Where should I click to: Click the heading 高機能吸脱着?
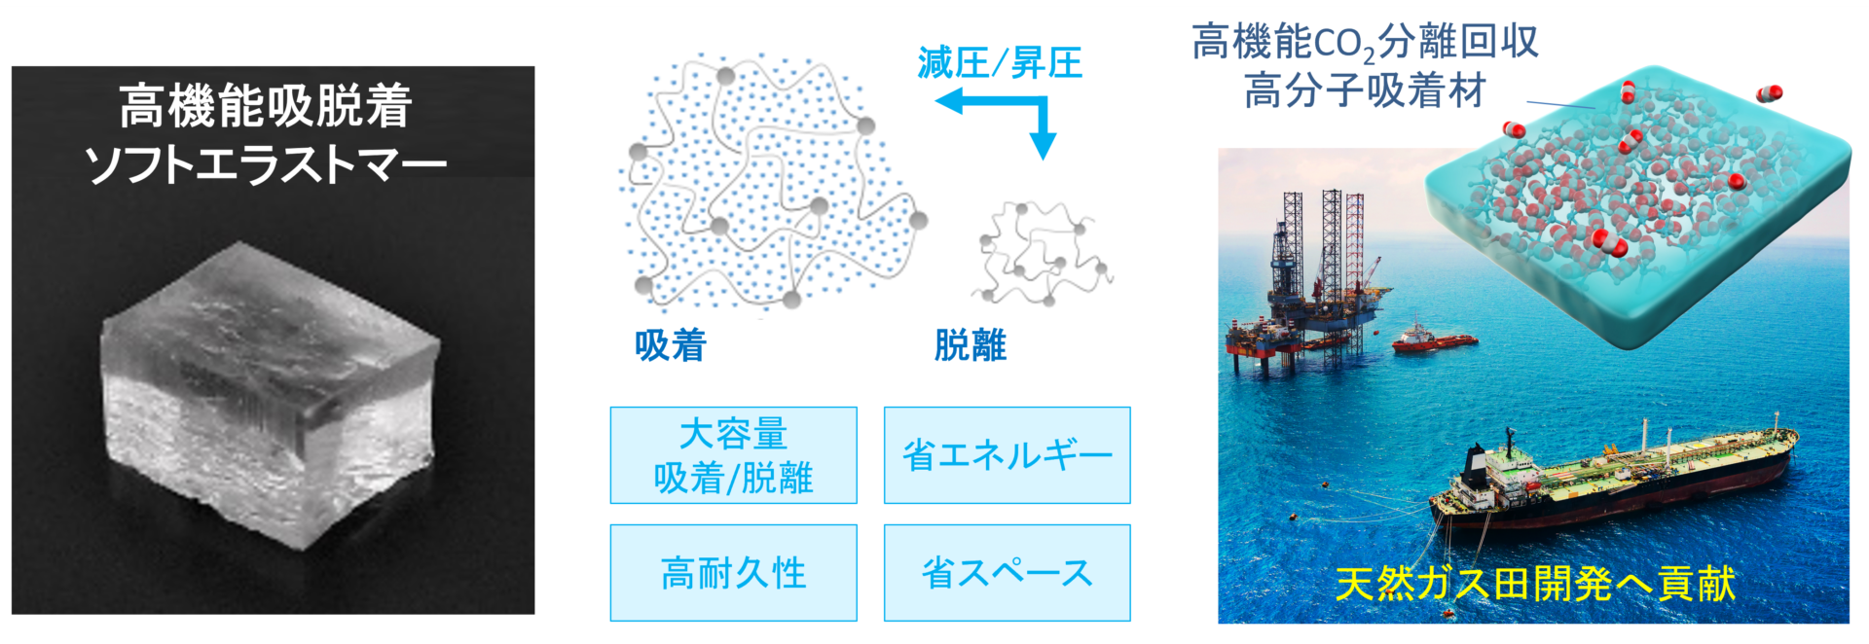[x=266, y=106]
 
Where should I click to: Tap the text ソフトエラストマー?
[x=266, y=164]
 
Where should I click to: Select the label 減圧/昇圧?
[x=1000, y=63]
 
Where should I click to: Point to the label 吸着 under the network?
[x=671, y=345]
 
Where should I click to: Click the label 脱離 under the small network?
[x=971, y=345]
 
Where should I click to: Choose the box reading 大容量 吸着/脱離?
[x=734, y=455]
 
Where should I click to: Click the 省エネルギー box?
[x=1008, y=455]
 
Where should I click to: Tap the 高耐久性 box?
[x=734, y=573]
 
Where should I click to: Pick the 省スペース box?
[x=1008, y=573]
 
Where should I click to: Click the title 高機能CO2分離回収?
[x=1365, y=43]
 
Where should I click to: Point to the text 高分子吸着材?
[x=1365, y=91]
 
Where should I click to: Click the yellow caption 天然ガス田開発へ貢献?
[x=1535, y=584]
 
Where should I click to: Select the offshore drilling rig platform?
[x=1309, y=282]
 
